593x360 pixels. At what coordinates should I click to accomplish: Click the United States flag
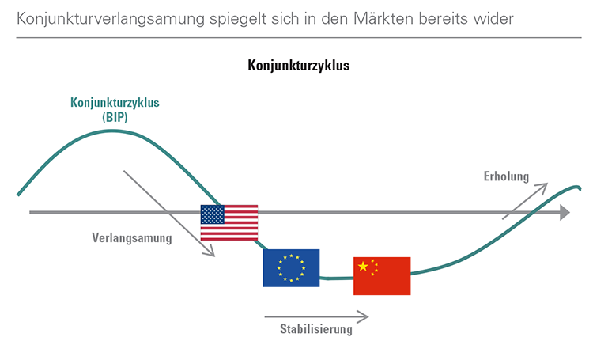(x=229, y=222)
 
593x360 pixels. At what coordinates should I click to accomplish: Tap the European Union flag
(x=291, y=267)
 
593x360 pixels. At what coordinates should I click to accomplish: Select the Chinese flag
(x=382, y=275)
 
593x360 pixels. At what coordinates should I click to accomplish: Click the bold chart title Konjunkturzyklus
(x=299, y=66)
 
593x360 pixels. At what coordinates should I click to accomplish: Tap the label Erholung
(x=506, y=176)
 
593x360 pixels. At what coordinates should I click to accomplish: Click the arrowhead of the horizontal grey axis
(x=564, y=212)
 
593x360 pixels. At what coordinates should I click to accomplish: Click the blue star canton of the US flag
(x=213, y=214)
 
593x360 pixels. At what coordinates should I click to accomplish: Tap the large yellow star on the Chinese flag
(x=364, y=267)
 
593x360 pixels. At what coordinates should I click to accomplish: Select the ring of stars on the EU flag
(x=291, y=267)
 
